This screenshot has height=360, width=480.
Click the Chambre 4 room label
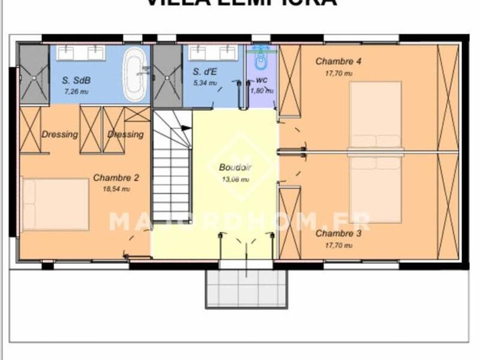[338, 61]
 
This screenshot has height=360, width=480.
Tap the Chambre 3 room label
[338, 233]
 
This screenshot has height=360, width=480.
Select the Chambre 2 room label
[116, 178]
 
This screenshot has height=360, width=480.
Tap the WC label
[262, 79]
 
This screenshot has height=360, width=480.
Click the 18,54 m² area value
[116, 188]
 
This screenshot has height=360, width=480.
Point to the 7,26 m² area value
[76, 92]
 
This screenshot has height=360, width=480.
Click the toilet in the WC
[261, 61]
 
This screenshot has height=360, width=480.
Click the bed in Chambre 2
[55, 204]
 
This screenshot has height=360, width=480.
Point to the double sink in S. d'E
[212, 53]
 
